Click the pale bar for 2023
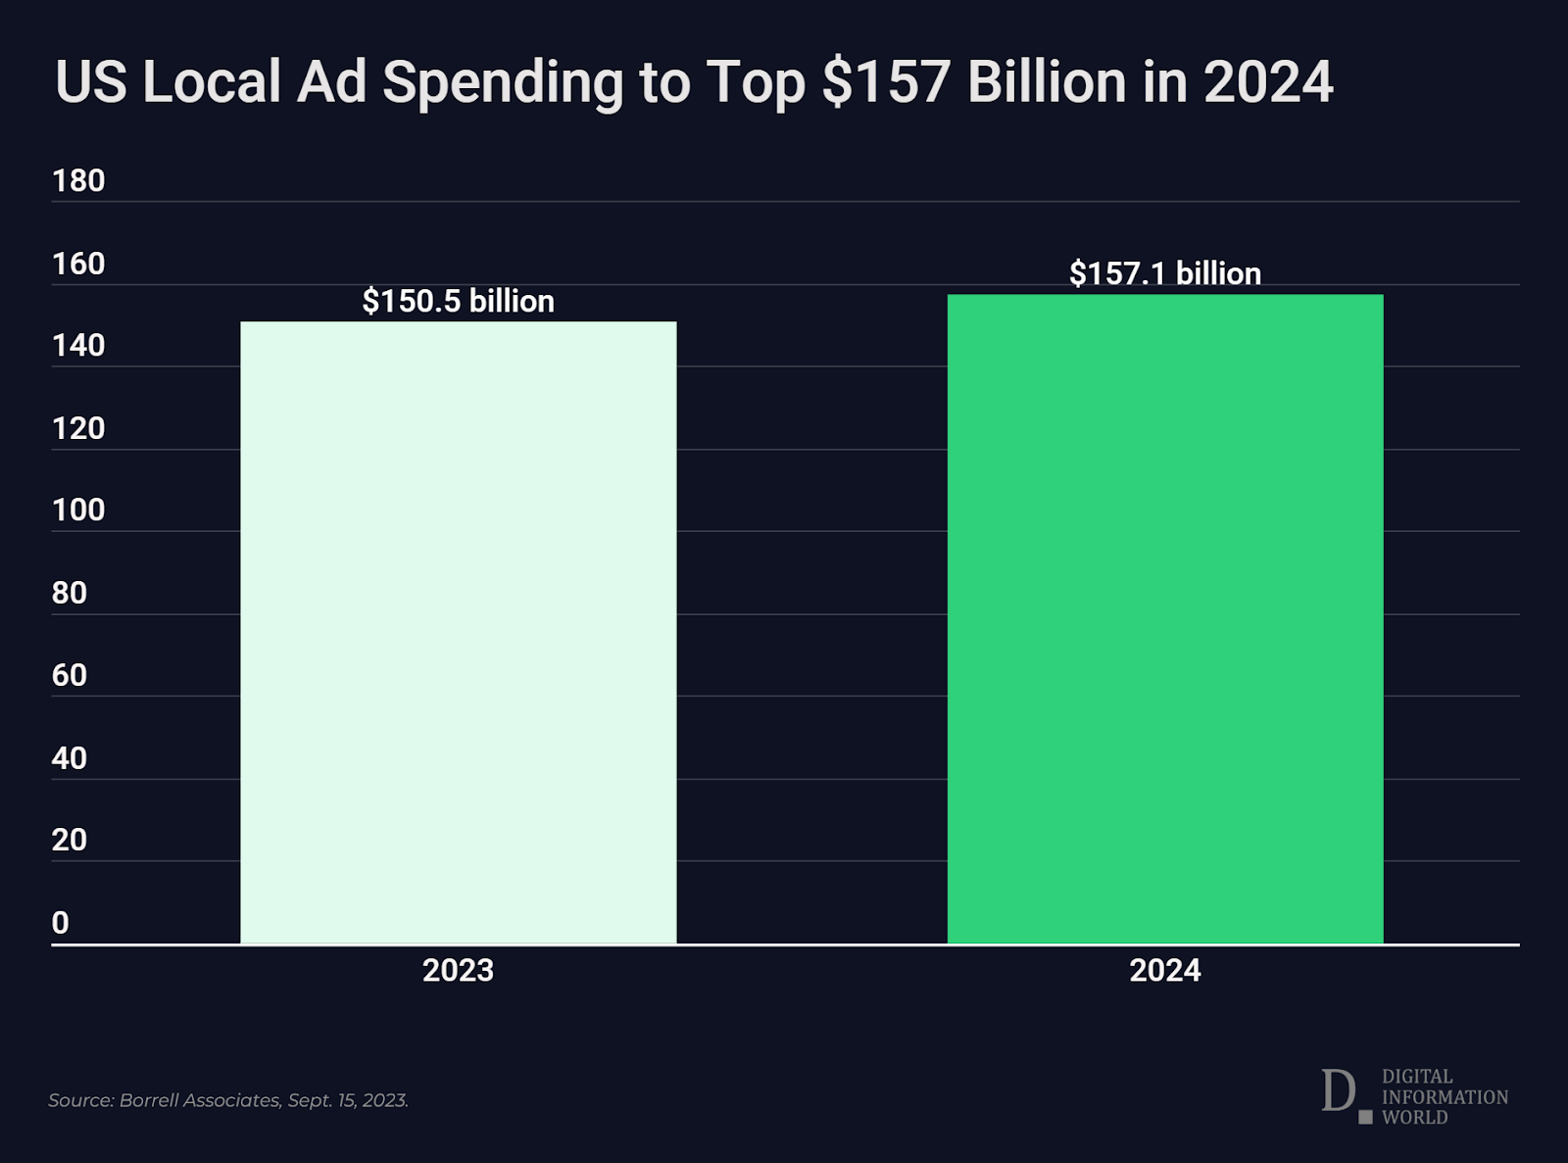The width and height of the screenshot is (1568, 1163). [459, 632]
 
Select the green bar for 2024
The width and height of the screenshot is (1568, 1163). [1165, 618]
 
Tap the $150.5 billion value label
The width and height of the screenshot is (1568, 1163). [459, 301]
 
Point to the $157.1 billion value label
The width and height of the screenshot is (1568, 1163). [1165, 273]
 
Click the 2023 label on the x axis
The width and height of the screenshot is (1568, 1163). [458, 970]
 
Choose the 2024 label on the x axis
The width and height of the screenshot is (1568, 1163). [1164, 970]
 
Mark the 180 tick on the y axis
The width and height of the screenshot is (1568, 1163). [78, 181]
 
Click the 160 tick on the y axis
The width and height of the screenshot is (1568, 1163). [78, 264]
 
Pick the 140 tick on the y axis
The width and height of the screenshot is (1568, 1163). [78, 346]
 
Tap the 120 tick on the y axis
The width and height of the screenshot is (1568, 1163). [78, 428]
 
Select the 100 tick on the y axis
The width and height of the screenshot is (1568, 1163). [78, 510]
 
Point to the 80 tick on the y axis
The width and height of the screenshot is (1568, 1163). [70, 593]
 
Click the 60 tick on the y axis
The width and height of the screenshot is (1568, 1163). [70, 675]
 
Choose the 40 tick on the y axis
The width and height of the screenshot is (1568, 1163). [70, 757]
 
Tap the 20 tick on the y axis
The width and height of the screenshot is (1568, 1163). [70, 840]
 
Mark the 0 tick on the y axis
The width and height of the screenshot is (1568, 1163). [61, 923]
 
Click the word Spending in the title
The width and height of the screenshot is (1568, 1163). [502, 82]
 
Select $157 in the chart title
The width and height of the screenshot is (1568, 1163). [886, 81]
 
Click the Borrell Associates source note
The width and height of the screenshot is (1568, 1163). [228, 1100]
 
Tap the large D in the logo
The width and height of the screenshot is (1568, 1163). [1338, 1090]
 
